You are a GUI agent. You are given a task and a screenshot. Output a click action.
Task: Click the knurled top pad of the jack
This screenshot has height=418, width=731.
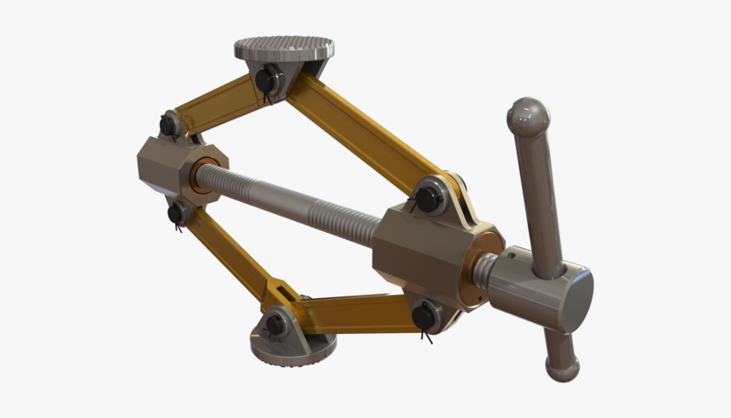(283, 46)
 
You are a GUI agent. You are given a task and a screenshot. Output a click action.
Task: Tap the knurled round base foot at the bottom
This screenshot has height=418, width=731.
(293, 347)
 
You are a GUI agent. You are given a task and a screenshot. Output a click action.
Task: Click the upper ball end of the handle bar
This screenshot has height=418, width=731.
(527, 116)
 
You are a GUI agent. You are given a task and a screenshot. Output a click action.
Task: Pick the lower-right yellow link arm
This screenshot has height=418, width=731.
(357, 312)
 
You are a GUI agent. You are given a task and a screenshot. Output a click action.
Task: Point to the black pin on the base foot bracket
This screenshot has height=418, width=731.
(275, 323)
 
